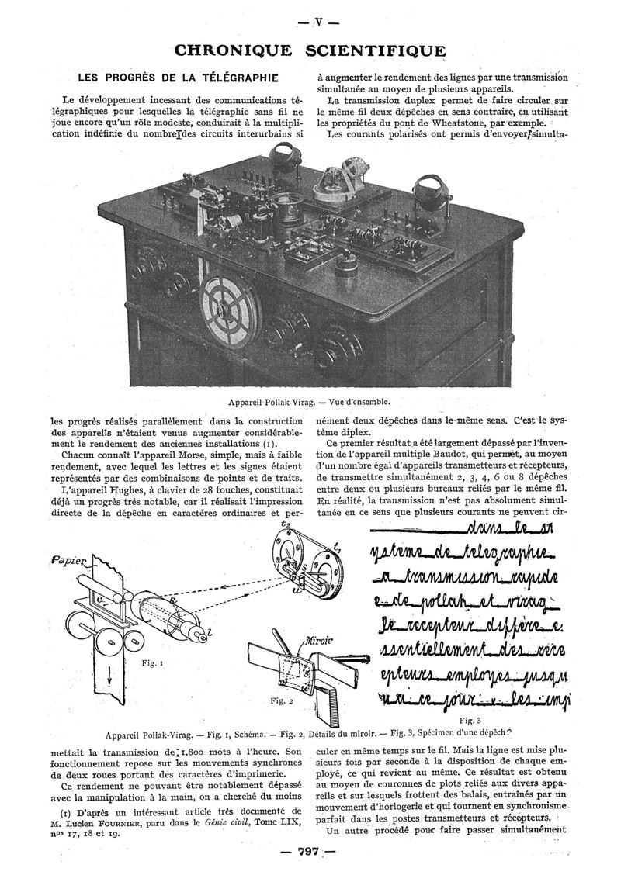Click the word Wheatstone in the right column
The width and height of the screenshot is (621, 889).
pos(462,123)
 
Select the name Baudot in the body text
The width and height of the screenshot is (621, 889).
pos(469,454)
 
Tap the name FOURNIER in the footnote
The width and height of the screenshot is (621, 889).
pos(97,823)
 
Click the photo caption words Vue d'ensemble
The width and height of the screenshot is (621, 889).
pos(358,403)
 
